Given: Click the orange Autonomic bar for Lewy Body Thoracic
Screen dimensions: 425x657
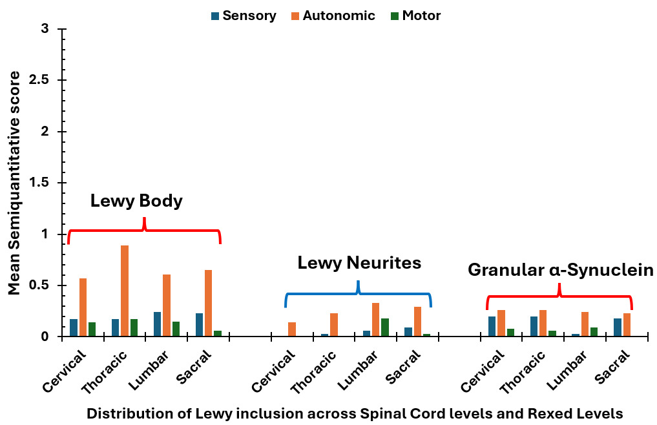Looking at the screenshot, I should click(124, 291).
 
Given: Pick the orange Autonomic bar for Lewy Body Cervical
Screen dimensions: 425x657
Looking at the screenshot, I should click(83, 307).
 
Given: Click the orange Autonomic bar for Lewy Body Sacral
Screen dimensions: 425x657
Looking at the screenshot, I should click(208, 304).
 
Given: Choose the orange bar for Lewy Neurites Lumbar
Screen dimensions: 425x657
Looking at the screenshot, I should click(375, 320).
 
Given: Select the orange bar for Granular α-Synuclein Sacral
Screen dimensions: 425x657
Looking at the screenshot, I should click(627, 325).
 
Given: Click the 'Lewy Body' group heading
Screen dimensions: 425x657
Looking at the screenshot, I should click(136, 202).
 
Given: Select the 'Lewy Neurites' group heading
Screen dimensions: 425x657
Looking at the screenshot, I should click(359, 263).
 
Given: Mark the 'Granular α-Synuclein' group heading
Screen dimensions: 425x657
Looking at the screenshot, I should click(561, 270).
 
